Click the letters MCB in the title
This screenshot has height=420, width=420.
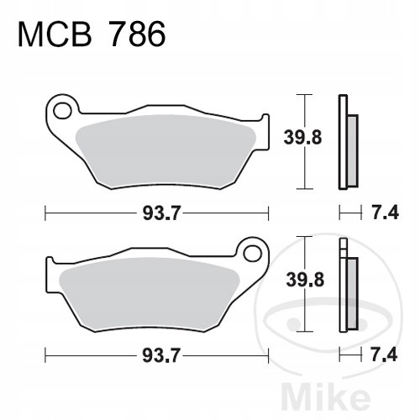pyautogui.click(x=55, y=34)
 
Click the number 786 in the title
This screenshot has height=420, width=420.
pyautogui.click(x=137, y=34)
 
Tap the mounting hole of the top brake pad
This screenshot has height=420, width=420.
pyautogui.click(x=62, y=111)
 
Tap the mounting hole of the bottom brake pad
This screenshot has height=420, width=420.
pyautogui.click(x=253, y=254)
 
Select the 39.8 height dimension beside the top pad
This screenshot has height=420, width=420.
pyautogui.click(x=302, y=138)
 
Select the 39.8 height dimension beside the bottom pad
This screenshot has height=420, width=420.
pyautogui.click(x=305, y=280)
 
